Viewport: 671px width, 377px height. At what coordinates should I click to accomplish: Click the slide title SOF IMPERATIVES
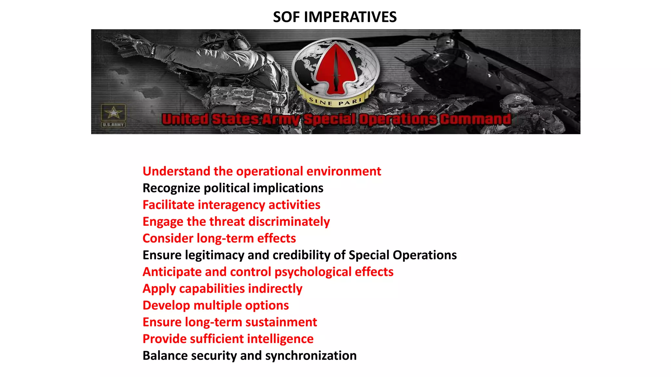(x=335, y=17)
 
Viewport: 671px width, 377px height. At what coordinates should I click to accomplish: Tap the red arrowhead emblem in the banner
(x=335, y=67)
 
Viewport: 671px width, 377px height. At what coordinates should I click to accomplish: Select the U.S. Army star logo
(x=113, y=113)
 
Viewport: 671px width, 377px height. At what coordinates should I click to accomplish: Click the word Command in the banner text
(x=475, y=119)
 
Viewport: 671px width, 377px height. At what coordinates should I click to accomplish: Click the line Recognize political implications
(x=233, y=188)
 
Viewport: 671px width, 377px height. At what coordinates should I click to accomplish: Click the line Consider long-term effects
(x=219, y=239)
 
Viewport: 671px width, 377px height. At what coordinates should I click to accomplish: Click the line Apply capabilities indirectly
(x=222, y=289)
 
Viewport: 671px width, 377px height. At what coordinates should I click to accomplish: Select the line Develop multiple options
(x=216, y=305)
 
